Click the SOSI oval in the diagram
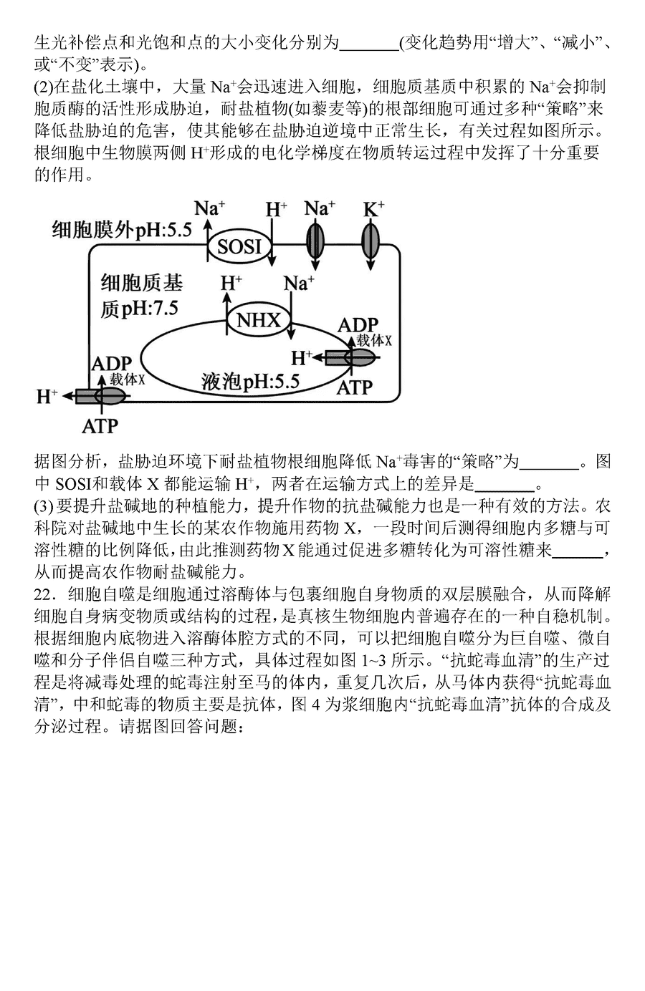(x=239, y=246)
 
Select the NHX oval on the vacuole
(x=259, y=319)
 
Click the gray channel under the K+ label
(x=371, y=242)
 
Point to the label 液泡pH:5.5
(x=251, y=382)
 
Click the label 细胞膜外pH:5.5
(x=122, y=230)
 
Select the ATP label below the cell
(x=100, y=427)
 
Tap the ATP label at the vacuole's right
(x=354, y=388)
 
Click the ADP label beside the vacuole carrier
(x=358, y=326)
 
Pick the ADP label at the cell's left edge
(x=112, y=364)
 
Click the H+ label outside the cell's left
(x=47, y=397)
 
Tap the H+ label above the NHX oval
(x=231, y=283)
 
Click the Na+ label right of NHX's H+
(x=299, y=283)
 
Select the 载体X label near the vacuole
(x=374, y=340)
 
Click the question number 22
(x=44, y=594)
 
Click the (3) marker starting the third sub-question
(x=44, y=506)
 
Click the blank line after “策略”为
(x=549, y=468)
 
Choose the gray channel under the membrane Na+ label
(x=315, y=242)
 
